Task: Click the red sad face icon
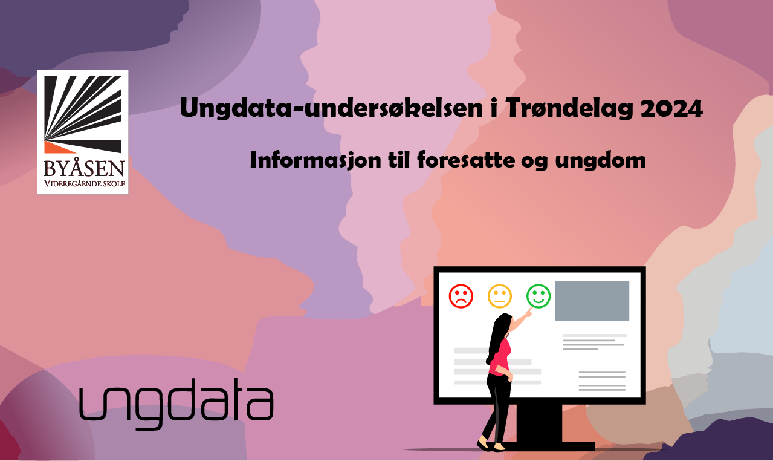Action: [461, 296]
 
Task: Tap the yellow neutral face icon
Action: [500, 296]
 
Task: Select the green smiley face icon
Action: [539, 296]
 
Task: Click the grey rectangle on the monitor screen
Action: [592, 301]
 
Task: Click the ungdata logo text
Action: [176, 403]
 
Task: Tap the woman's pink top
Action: [500, 357]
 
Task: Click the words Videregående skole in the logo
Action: [83, 183]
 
